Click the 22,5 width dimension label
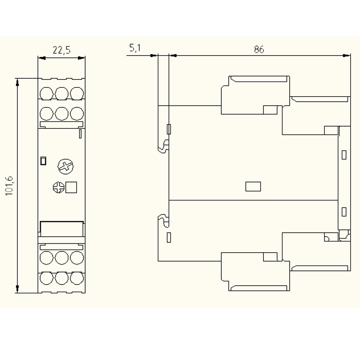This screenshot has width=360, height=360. pos(62,50)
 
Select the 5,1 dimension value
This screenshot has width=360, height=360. pos(135,48)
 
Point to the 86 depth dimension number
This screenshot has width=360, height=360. pos(259,49)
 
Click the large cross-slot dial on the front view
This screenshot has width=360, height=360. pos(66,166)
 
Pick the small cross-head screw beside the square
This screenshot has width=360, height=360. pos(59,188)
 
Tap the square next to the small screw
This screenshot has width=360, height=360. pos(71,187)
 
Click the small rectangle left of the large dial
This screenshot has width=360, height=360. pos(43,161)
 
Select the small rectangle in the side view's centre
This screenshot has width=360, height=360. pos(253,186)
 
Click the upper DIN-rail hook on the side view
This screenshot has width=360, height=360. pos(163,147)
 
